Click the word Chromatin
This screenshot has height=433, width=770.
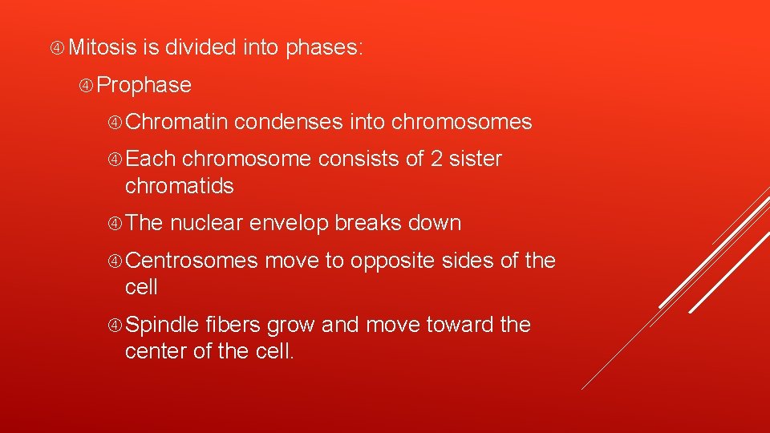point(177,122)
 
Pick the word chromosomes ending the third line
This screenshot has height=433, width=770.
point(462,122)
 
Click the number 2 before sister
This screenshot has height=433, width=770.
point(437,160)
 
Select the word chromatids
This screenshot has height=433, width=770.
point(179,186)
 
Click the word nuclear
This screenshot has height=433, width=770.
point(206,223)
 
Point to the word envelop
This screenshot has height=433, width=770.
point(289,224)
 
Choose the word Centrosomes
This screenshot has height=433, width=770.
point(192,261)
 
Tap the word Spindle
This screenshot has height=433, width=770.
point(162,325)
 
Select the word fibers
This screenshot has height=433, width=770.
point(233,325)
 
